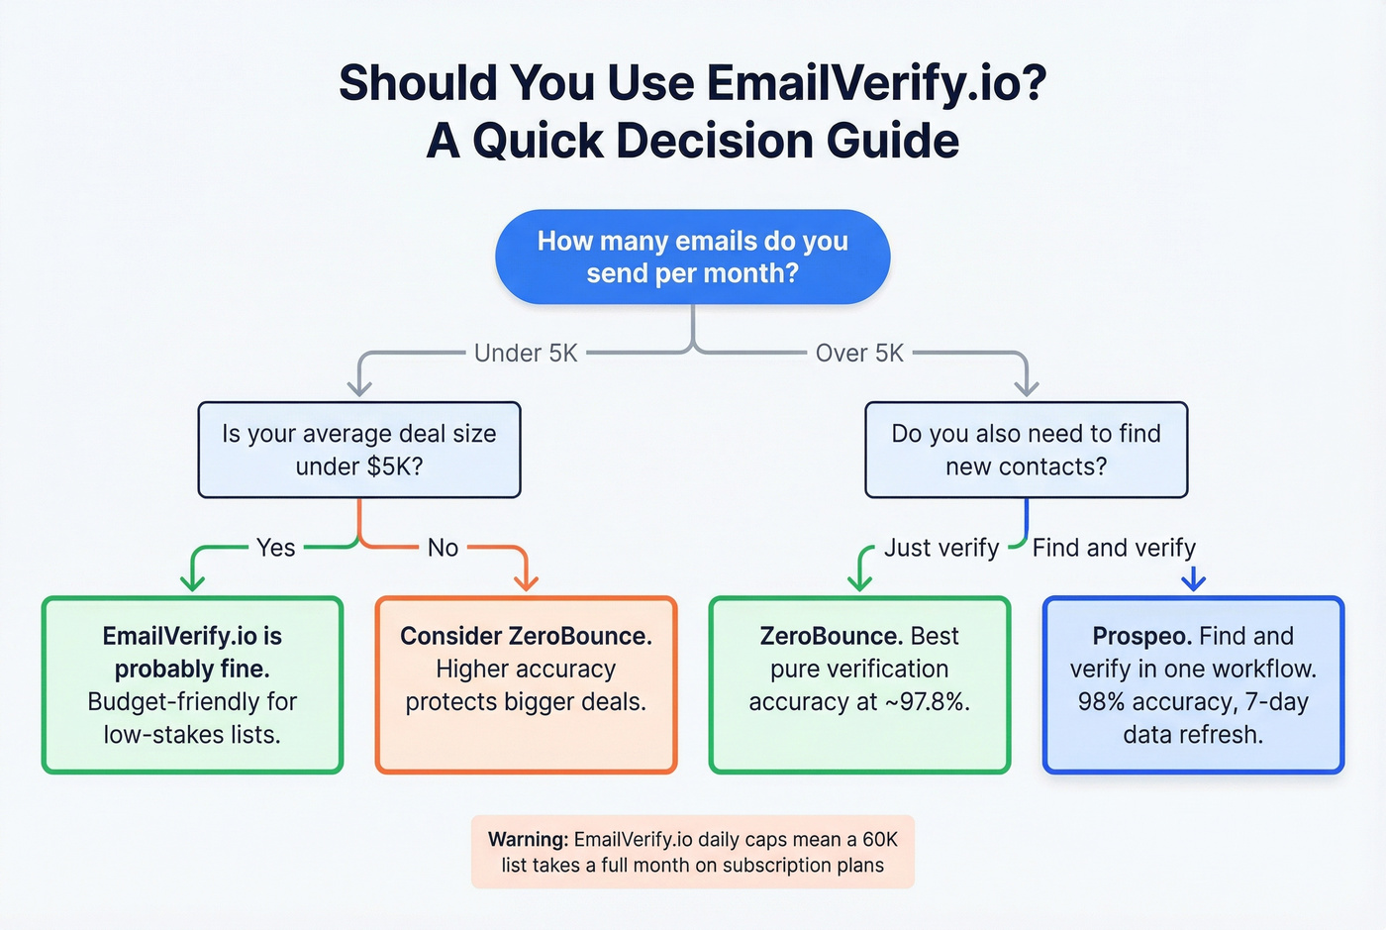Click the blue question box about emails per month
[x=692, y=257]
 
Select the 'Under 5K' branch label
[x=526, y=353]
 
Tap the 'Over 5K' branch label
[x=859, y=353]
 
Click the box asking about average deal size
[x=359, y=450]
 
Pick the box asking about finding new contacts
[x=1026, y=450]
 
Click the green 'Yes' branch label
[x=275, y=548]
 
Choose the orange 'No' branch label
[x=443, y=548]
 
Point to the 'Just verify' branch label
[x=940, y=548]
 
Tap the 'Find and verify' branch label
[x=1114, y=548]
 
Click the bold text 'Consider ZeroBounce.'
[x=526, y=636]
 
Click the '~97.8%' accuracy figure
[x=927, y=702]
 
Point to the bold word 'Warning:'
[x=528, y=839]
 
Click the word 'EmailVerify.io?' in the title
[x=877, y=83]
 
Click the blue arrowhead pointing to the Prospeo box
[x=1193, y=581]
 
